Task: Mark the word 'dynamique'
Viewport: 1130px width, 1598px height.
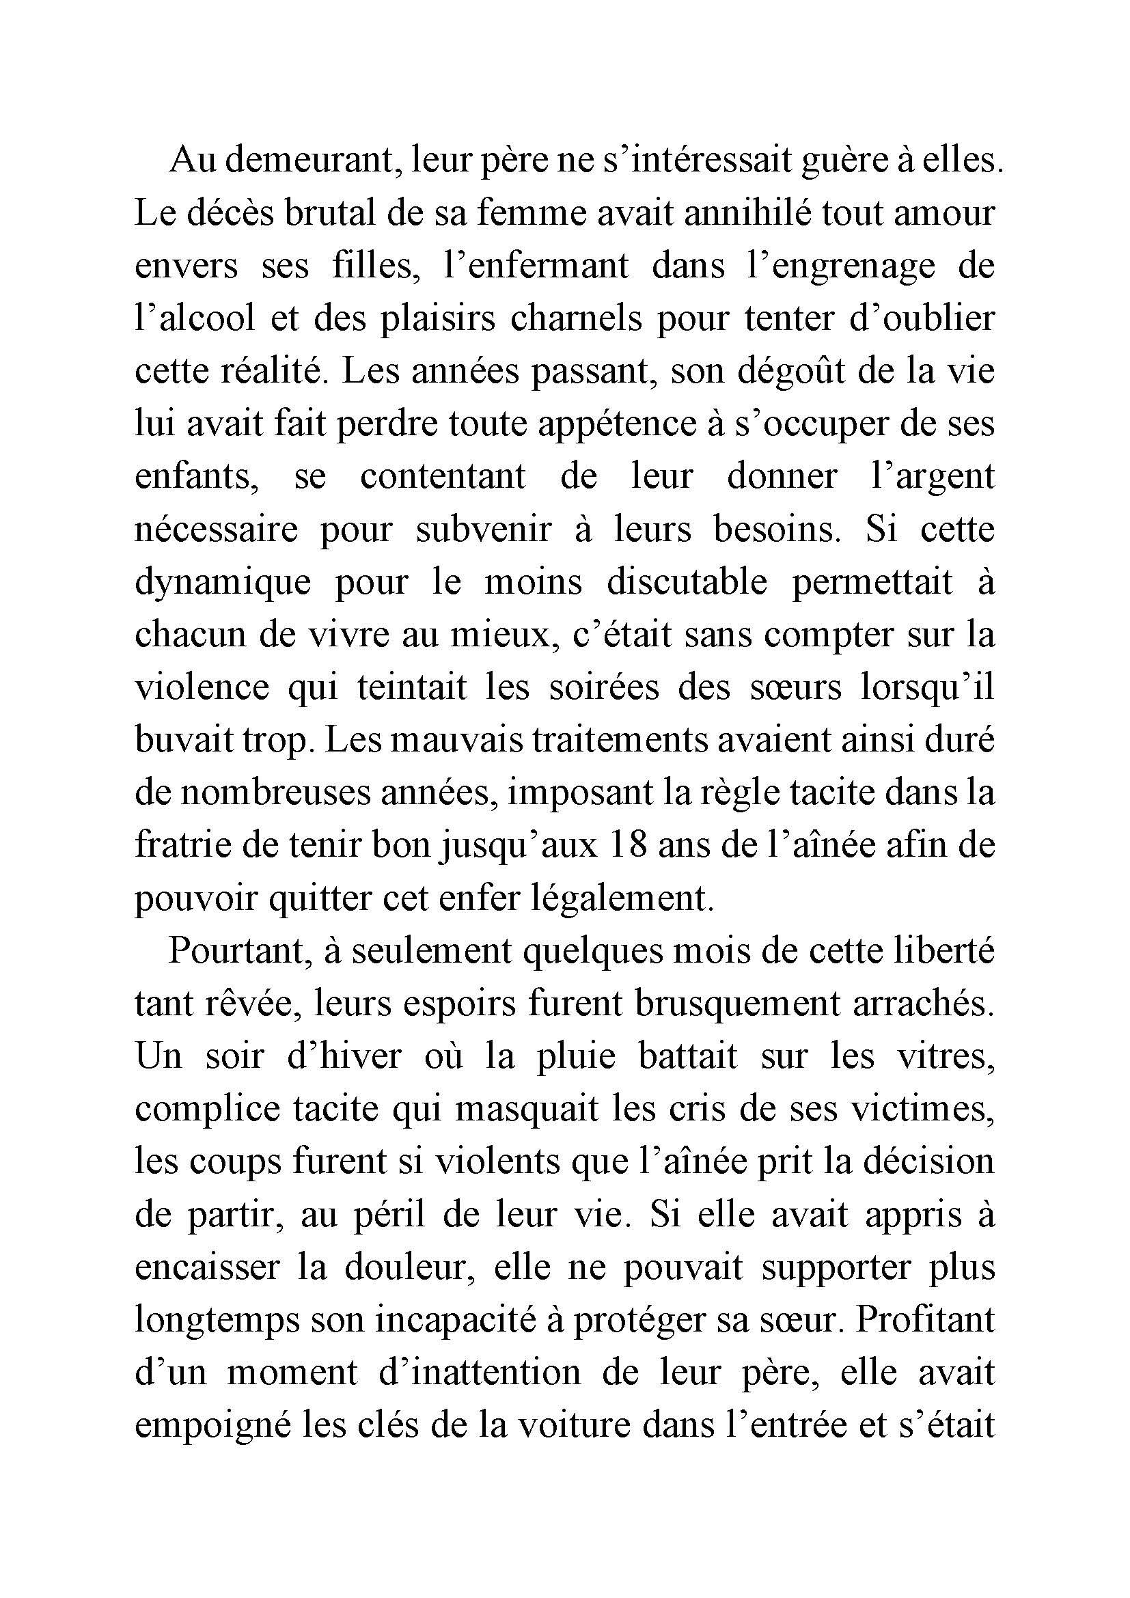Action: (x=223, y=583)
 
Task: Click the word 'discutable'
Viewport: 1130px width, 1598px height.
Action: (x=687, y=581)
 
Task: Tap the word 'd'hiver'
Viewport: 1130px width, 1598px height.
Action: (x=344, y=1056)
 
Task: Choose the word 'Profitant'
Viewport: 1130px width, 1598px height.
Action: (x=925, y=1321)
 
